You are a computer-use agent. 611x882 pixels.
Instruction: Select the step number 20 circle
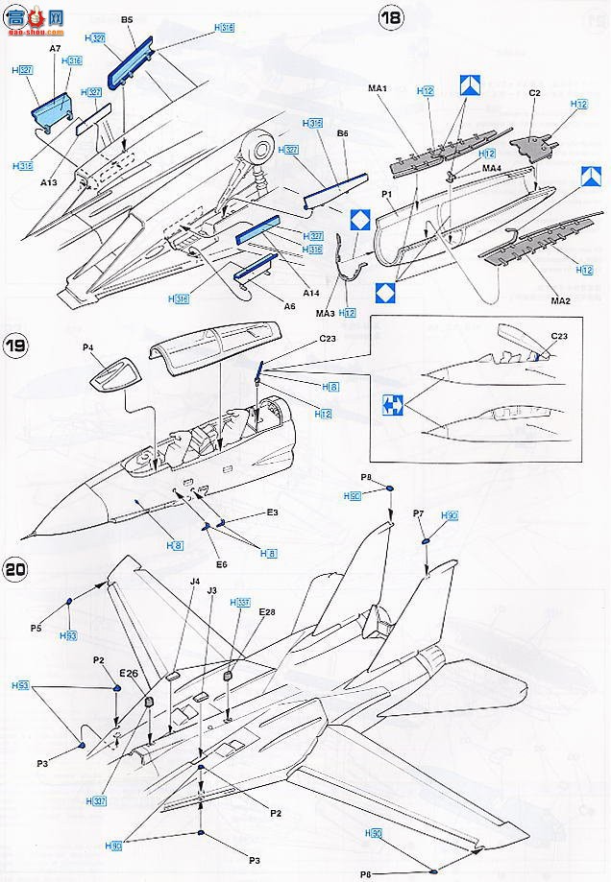pyautogui.click(x=15, y=568)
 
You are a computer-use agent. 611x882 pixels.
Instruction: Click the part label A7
pyautogui.click(x=55, y=46)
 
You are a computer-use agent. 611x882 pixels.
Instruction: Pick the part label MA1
pyautogui.click(x=377, y=89)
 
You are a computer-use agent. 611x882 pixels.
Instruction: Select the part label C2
pyautogui.click(x=536, y=92)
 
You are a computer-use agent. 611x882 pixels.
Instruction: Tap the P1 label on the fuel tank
pyautogui.click(x=389, y=194)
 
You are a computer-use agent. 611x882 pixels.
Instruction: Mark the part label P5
pyautogui.click(x=36, y=629)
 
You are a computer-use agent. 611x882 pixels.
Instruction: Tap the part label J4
pyautogui.click(x=194, y=582)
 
